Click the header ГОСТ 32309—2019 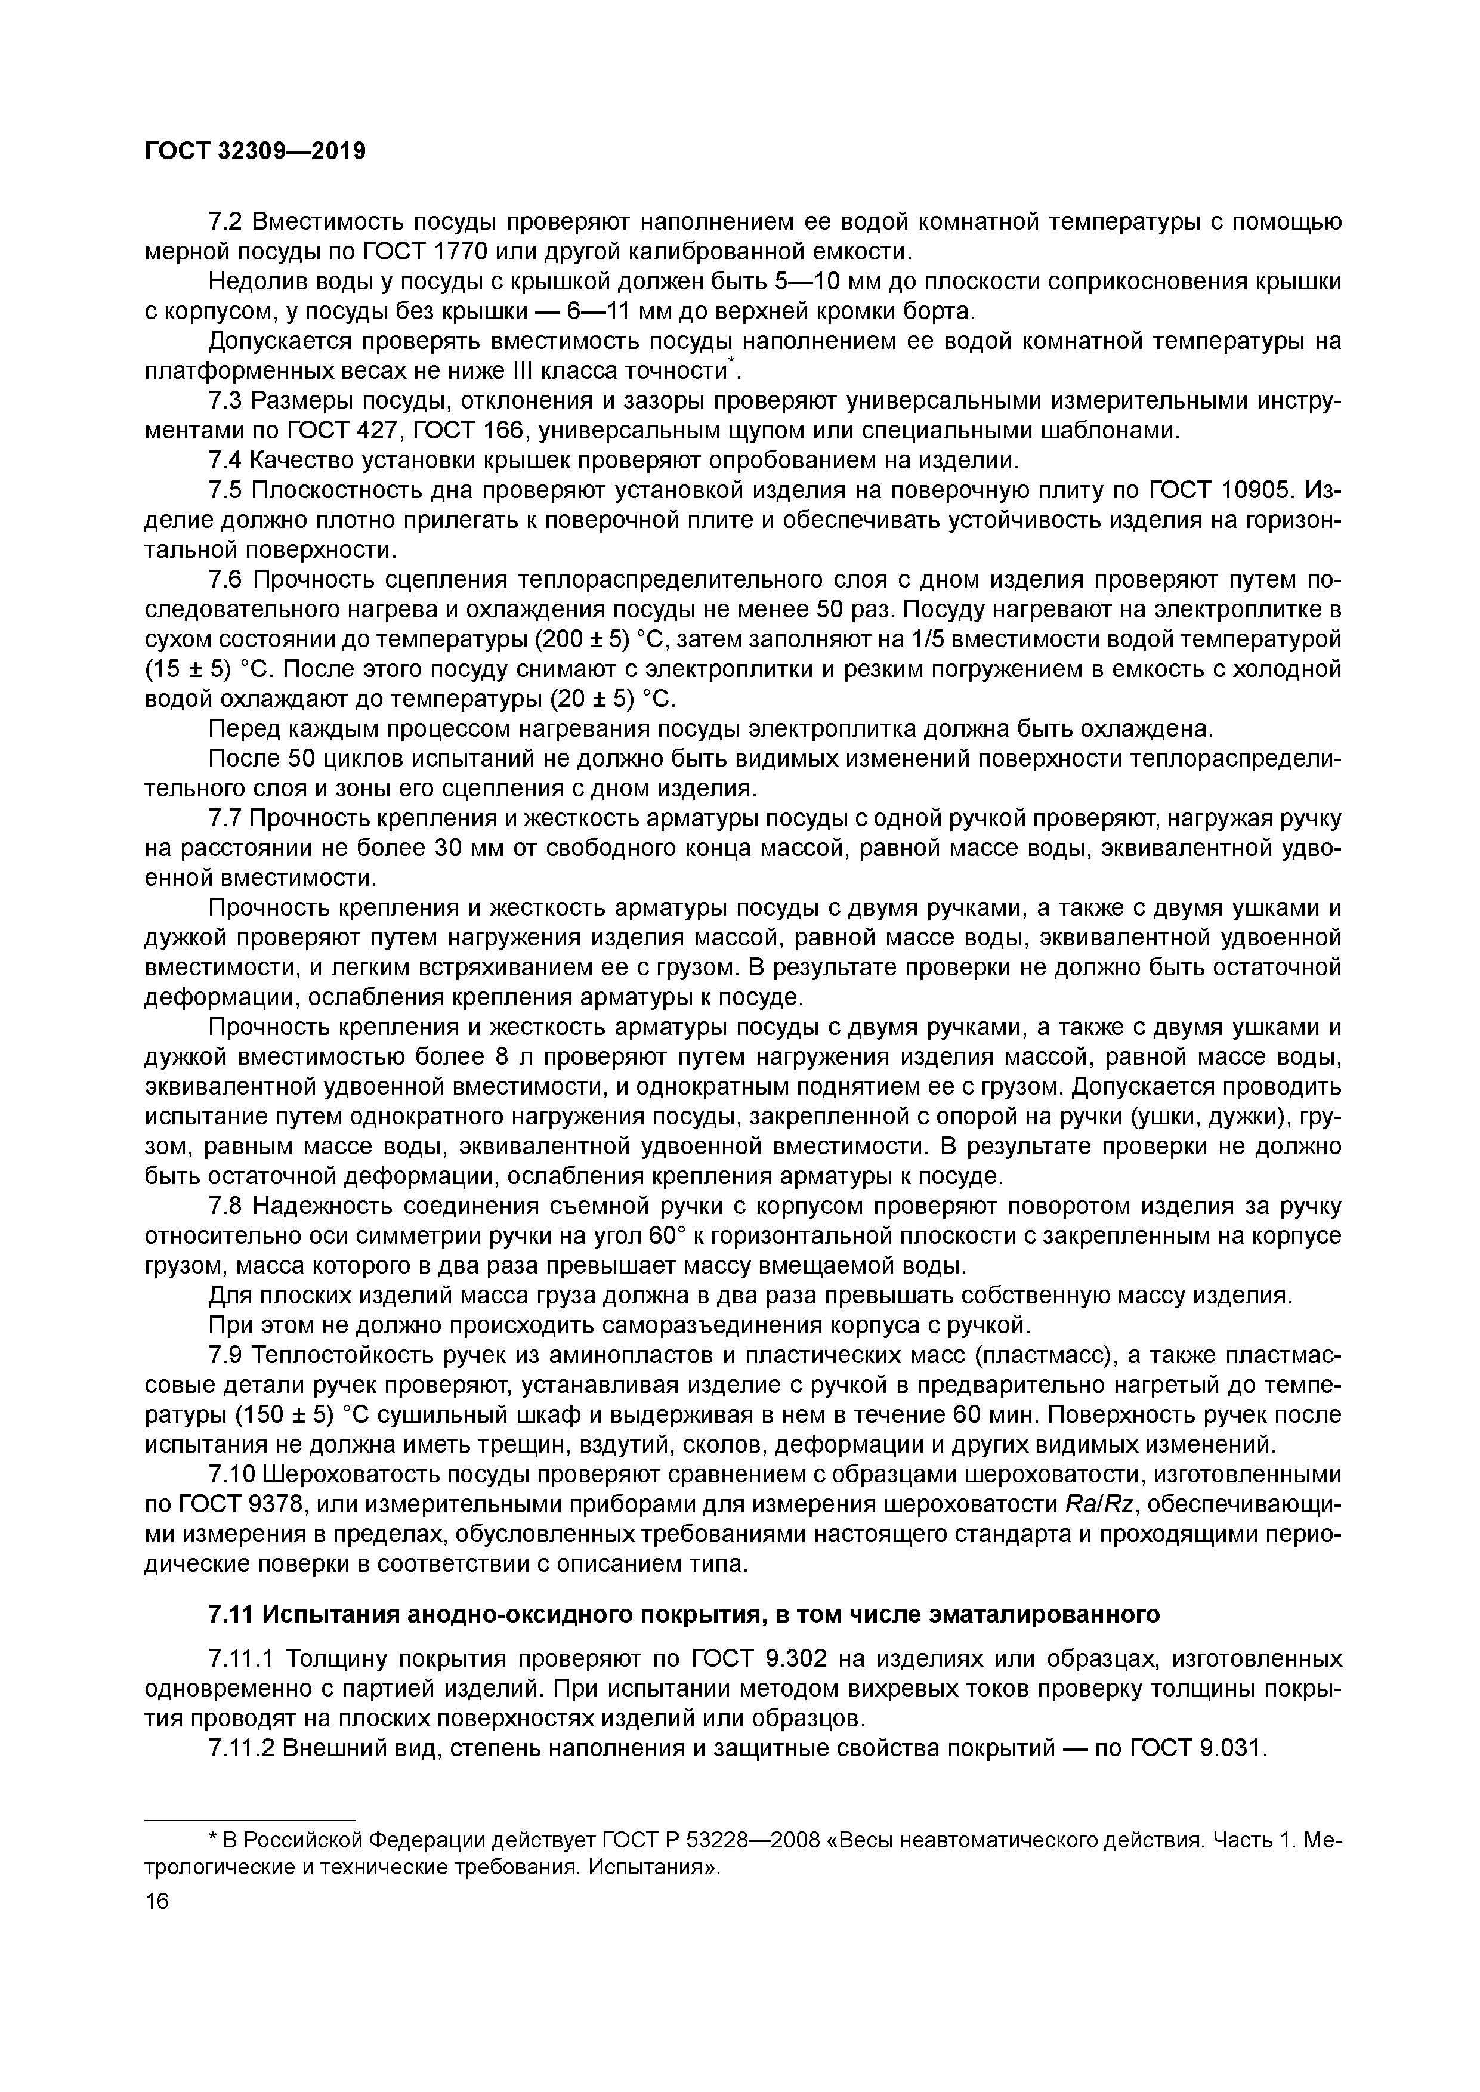[x=255, y=152]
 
